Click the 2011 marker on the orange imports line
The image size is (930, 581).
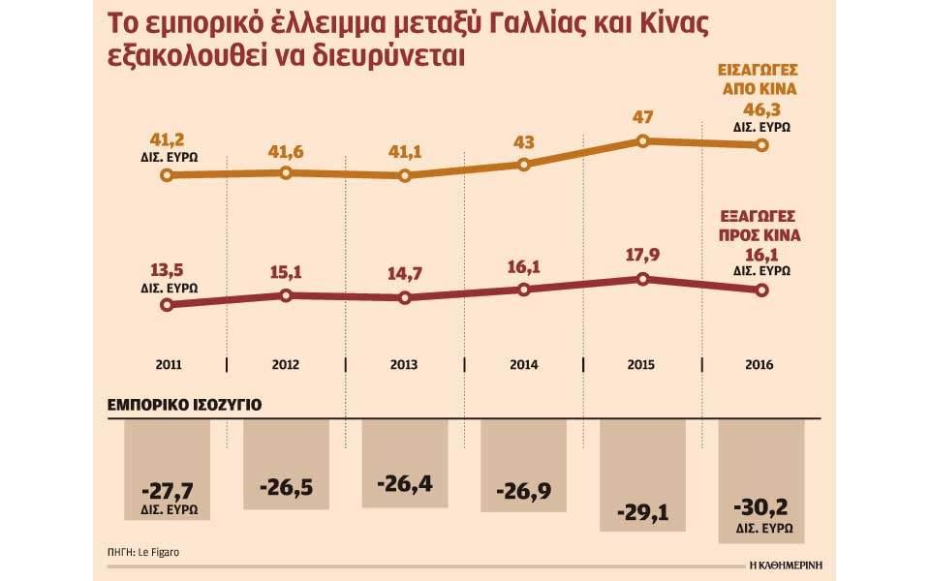point(167,176)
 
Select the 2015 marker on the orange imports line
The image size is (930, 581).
point(642,141)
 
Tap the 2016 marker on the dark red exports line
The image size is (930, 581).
point(761,290)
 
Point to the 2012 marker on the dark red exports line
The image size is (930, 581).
point(286,295)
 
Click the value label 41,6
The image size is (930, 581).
point(286,152)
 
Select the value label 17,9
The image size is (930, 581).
point(642,257)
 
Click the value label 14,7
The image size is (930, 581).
point(404,275)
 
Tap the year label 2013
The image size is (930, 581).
point(404,365)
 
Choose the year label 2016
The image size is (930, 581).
point(761,365)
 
